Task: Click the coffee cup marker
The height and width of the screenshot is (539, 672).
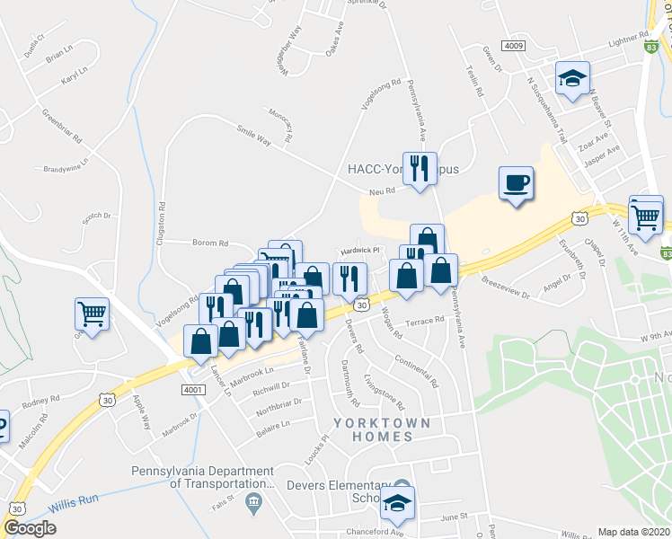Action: click(x=516, y=183)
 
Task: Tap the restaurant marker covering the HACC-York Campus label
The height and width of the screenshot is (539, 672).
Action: click(x=419, y=167)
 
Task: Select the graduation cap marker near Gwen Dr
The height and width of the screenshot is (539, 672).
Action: click(x=571, y=78)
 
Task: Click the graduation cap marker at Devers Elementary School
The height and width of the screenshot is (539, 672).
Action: click(x=397, y=505)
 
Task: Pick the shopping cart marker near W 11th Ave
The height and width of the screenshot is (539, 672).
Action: click(x=645, y=214)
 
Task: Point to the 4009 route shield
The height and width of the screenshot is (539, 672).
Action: click(x=514, y=45)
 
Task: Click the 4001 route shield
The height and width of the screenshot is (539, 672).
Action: click(x=192, y=389)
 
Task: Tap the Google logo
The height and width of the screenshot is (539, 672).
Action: click(x=31, y=528)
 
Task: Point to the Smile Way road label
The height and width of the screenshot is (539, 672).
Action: click(x=254, y=135)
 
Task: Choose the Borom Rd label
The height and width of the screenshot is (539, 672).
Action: click(x=210, y=243)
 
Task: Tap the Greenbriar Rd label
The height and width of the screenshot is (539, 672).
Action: click(x=62, y=128)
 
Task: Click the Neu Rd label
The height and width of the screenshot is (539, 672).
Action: click(x=383, y=191)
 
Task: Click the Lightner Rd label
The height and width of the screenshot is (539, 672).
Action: click(x=628, y=40)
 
